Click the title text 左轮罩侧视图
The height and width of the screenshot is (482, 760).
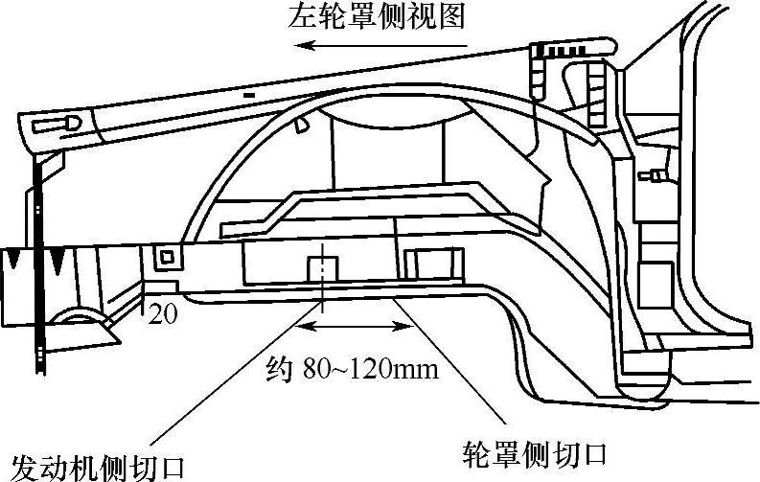pyautogui.click(x=380, y=18)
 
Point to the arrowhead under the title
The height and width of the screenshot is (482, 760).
pyautogui.click(x=300, y=45)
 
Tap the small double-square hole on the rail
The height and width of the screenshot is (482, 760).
pyautogui.click(x=169, y=257)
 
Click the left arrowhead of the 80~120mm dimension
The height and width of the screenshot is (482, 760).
pyautogui.click(x=305, y=328)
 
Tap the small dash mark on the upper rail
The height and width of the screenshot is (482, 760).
pyautogui.click(x=249, y=96)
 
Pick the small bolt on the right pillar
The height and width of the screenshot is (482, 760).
pyautogui.click(x=657, y=174)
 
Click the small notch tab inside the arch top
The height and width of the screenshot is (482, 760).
pyautogui.click(x=300, y=124)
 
